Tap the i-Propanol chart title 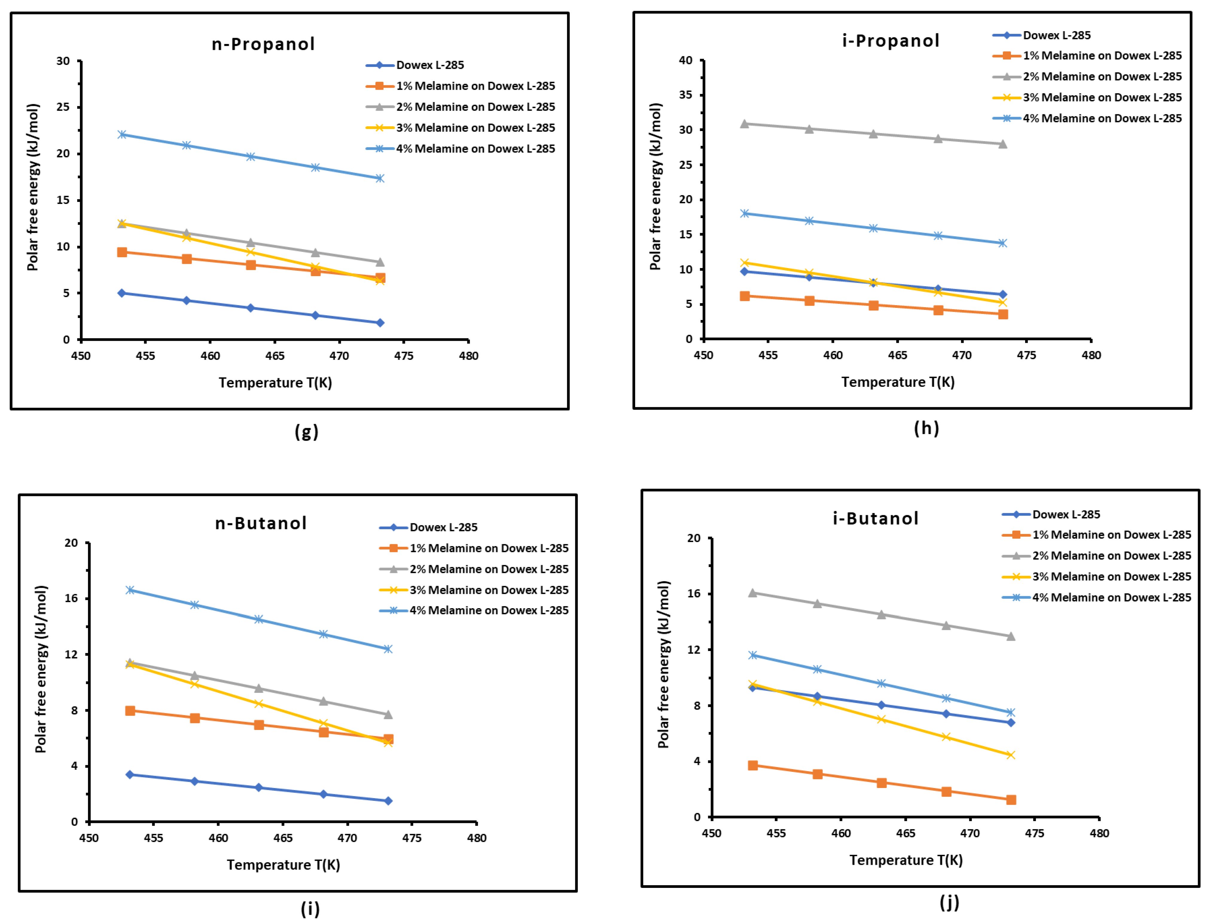890,41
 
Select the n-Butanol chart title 260,523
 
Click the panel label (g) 306,432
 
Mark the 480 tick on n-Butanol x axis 476,838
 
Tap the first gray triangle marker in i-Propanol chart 744,124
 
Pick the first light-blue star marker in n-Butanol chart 130,590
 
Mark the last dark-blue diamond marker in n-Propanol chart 380,323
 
